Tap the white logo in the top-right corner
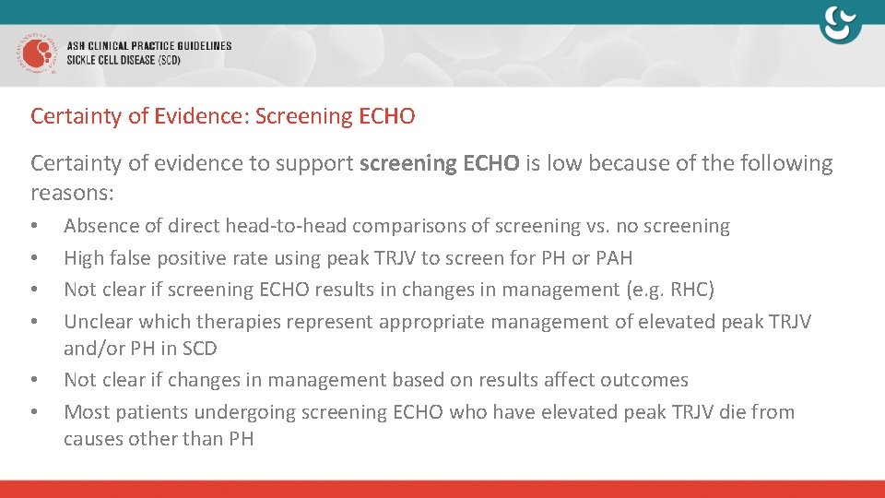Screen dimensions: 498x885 (x=840, y=25)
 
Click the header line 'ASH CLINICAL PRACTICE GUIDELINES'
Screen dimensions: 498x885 (x=149, y=45)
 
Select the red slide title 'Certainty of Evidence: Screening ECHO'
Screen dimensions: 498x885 (x=222, y=117)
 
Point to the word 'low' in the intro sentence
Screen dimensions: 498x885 (x=565, y=164)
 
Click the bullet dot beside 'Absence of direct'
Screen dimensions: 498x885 (x=34, y=227)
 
